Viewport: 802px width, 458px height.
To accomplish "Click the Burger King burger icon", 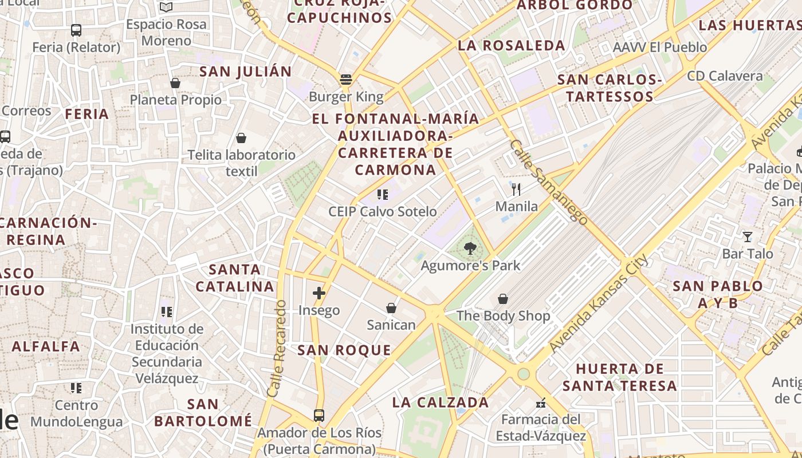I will [x=345, y=80].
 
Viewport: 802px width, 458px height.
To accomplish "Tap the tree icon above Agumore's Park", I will [x=470, y=248].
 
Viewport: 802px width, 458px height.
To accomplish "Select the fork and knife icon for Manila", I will [x=516, y=189].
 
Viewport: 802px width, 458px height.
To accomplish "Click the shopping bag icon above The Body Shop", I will [x=502, y=299].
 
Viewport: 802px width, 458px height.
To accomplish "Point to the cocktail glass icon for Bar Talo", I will [x=747, y=236].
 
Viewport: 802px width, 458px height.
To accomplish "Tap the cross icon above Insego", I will [x=319, y=294].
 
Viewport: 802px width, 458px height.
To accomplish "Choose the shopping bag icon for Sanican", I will [x=391, y=308].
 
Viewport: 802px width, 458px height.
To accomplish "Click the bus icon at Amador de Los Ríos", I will [x=319, y=415].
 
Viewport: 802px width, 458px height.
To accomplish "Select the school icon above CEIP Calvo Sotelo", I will [x=383, y=195].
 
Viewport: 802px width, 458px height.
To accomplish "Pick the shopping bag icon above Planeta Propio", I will [x=175, y=83].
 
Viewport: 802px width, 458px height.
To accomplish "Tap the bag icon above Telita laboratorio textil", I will [x=241, y=138].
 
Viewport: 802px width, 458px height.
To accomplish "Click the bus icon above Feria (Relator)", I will [x=76, y=30].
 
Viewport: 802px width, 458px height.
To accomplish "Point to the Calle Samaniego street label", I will [x=548, y=181].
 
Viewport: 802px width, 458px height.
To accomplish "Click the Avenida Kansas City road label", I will [x=599, y=303].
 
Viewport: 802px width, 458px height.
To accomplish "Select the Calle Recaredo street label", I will [x=277, y=349].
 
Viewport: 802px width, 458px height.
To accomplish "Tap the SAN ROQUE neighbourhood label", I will [x=344, y=350].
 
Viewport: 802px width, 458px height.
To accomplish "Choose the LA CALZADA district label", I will [x=441, y=402].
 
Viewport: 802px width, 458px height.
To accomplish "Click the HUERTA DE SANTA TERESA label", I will [x=620, y=377].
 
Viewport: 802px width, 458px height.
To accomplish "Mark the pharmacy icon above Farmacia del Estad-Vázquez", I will [x=540, y=404].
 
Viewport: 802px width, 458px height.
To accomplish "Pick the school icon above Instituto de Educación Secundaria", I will [x=167, y=312].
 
